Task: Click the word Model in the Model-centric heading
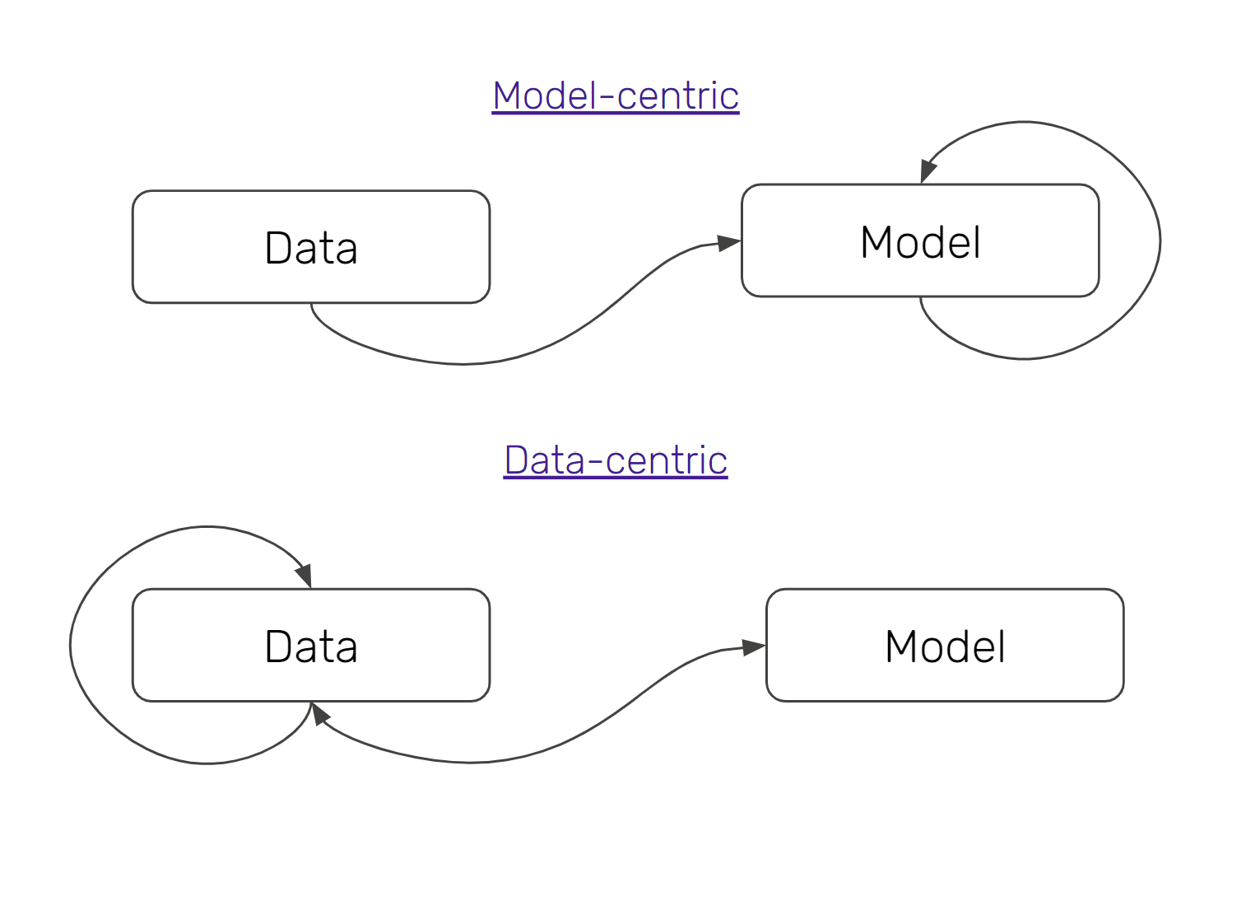coord(543,96)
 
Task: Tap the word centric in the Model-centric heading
coord(677,96)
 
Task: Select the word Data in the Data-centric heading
coord(544,460)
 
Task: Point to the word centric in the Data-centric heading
coord(667,460)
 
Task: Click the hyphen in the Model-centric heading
coord(607,98)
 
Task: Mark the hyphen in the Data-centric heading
coord(595,462)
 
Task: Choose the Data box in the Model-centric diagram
coord(310,247)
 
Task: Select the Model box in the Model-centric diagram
coord(920,240)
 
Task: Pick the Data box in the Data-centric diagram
coord(310,645)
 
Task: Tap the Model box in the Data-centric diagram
coord(945,645)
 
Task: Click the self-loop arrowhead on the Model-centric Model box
coord(928,170)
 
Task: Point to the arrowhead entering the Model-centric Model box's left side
coord(728,243)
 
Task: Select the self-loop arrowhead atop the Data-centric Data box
coord(304,575)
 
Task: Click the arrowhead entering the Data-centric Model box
coord(753,647)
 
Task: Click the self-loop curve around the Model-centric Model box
coord(1160,240)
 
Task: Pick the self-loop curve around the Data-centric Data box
coord(71,645)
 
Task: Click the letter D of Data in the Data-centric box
coord(280,647)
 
